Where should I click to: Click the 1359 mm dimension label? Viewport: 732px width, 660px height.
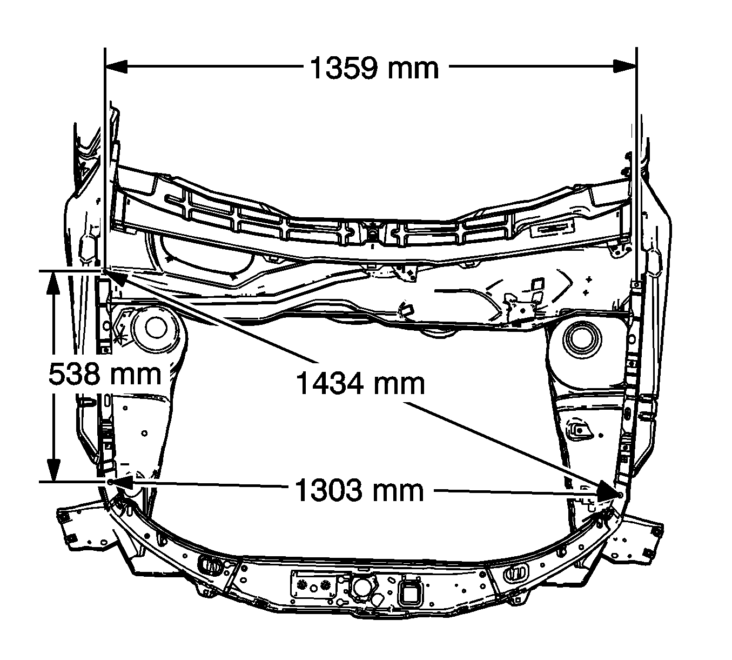pyautogui.click(x=374, y=68)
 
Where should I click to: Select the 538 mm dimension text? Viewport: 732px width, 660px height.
pyautogui.click(x=105, y=374)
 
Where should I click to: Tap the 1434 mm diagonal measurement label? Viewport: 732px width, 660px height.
pyautogui.click(x=360, y=383)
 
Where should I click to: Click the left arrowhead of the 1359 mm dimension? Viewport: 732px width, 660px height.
pyautogui.click(x=116, y=66)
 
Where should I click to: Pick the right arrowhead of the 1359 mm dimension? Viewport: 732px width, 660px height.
pyautogui.click(x=625, y=66)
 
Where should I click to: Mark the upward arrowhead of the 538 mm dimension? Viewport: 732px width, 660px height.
pyautogui.click(x=53, y=283)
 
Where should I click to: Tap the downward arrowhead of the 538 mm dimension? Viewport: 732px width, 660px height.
pyautogui.click(x=53, y=470)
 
